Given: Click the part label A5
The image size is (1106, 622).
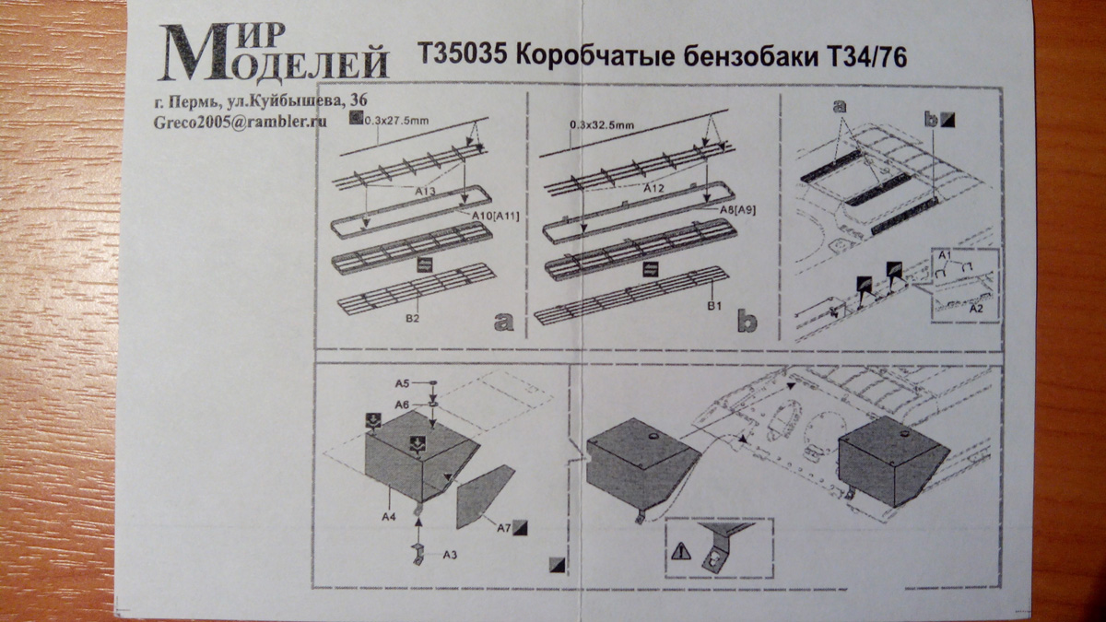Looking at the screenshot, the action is click(403, 381).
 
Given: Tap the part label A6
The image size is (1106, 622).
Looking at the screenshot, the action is click(403, 405).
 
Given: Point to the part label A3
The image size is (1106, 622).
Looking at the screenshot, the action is click(451, 555).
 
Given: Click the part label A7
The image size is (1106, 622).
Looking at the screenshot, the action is click(504, 528).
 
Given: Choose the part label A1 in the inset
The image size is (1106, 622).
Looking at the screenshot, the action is click(944, 252).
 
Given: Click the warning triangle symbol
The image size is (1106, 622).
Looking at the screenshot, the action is click(679, 552).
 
